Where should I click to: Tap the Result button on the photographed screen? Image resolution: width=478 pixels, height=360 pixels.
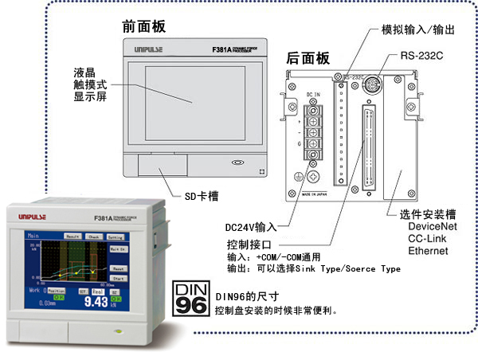click(72, 237)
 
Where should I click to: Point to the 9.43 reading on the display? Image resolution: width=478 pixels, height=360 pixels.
click(96, 301)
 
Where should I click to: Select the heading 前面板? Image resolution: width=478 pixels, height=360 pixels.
click(144, 26)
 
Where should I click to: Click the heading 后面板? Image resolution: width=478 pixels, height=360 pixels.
click(308, 57)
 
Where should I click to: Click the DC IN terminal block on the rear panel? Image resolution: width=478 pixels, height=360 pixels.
click(313, 131)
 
